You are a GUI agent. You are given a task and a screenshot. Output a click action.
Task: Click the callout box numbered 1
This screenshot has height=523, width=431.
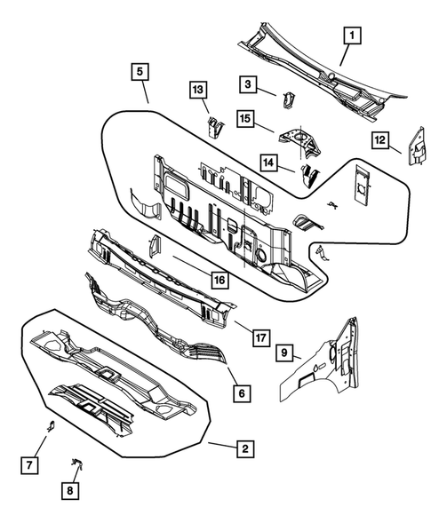[352, 36]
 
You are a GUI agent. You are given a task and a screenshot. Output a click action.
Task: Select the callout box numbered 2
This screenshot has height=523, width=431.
[243, 449]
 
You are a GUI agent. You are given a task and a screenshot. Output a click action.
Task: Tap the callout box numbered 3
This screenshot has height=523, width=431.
[245, 83]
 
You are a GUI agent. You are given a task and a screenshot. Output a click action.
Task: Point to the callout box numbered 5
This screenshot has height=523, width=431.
[140, 71]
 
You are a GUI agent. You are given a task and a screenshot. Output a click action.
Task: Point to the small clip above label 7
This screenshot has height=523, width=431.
[51, 424]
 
